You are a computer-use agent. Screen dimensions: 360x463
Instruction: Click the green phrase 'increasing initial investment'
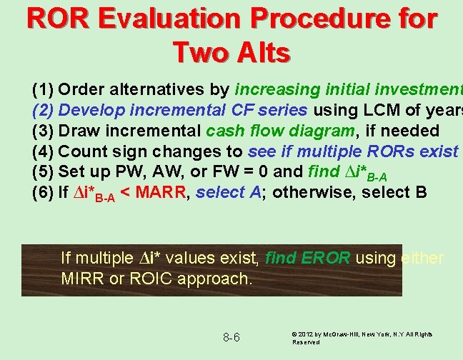click(349, 90)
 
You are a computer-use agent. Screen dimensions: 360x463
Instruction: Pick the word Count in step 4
click(81, 152)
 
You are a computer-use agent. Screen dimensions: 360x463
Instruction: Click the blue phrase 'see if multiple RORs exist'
click(353, 152)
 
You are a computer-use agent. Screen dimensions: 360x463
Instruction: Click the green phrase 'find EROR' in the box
click(308, 257)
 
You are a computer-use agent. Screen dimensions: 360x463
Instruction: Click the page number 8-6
click(231, 336)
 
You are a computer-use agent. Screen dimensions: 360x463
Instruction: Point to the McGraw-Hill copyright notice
click(362, 338)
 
